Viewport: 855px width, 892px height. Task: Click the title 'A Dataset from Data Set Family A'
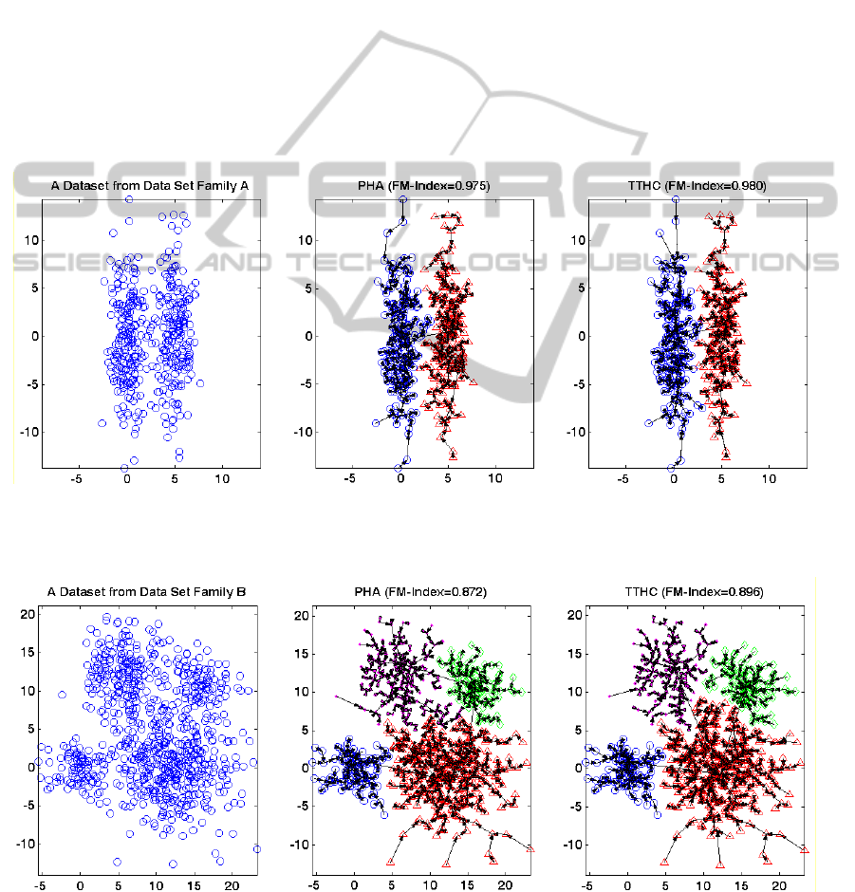pos(149,187)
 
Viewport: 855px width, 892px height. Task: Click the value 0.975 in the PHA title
pos(469,187)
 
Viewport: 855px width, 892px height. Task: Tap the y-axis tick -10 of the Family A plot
pos(26,431)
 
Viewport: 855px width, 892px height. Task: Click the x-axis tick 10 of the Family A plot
pos(222,480)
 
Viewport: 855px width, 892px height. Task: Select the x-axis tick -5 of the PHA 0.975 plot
pos(350,480)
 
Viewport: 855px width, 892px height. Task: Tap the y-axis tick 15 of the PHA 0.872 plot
pos(301,654)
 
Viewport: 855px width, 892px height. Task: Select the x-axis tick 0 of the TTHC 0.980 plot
pos(673,480)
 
